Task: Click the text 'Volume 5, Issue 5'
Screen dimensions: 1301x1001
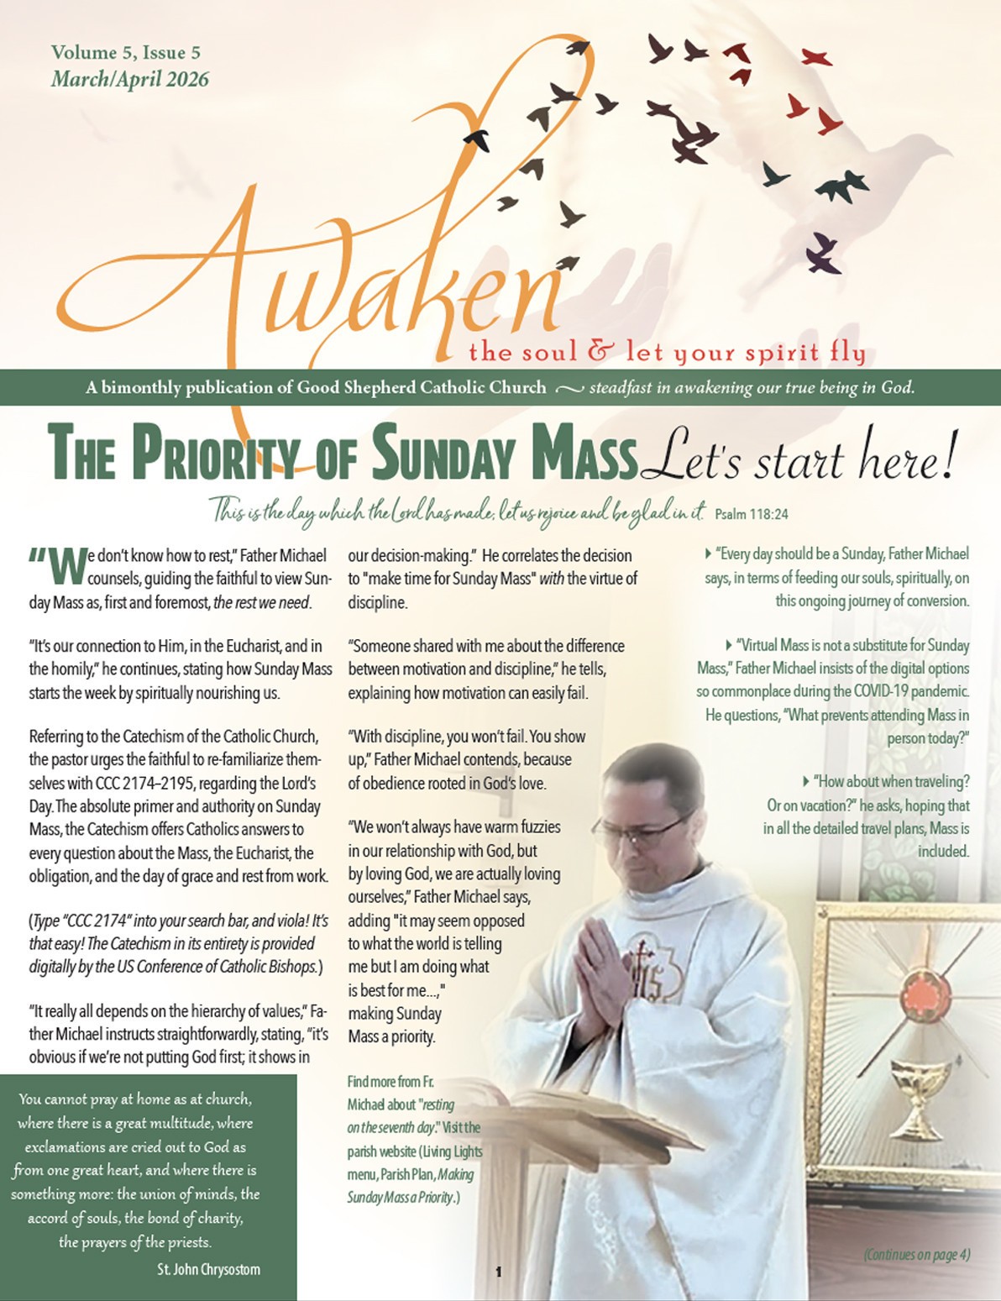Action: (x=126, y=53)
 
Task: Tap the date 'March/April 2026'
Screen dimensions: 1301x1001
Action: (x=129, y=80)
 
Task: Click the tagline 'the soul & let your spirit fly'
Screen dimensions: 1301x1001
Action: (x=667, y=352)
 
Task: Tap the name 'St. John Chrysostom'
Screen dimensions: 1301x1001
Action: (x=208, y=1269)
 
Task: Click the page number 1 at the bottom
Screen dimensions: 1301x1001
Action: (x=499, y=1272)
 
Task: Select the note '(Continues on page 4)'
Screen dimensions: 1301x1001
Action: (x=916, y=1255)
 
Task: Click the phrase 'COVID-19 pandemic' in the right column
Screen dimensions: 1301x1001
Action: (x=908, y=692)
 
